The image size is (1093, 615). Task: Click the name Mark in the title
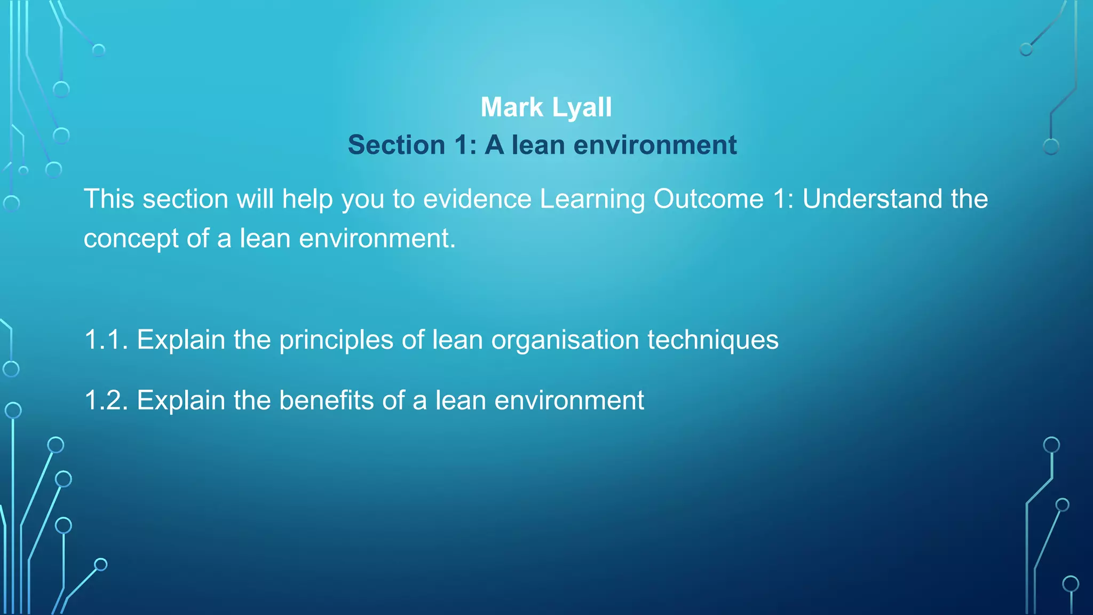511,107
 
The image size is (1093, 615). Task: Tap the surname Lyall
582,107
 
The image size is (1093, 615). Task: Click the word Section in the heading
397,145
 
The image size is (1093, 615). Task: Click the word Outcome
708,199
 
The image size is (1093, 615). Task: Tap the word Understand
872,199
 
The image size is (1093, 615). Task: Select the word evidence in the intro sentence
477,199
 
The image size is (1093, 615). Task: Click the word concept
131,239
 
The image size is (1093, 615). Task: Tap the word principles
336,340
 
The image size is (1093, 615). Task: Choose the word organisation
565,340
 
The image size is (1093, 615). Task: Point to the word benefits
326,400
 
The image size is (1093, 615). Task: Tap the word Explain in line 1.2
180,400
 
